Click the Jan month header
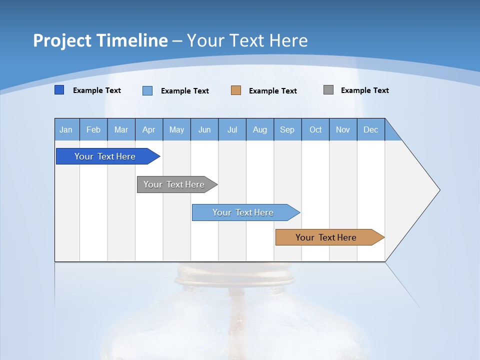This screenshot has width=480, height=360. pyautogui.click(x=66, y=129)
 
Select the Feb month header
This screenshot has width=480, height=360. pyautogui.click(x=93, y=129)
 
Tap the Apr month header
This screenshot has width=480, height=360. pyautogui.click(x=148, y=129)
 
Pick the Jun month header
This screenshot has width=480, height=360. pyautogui.click(x=204, y=129)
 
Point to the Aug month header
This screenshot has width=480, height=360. pyautogui.click(x=260, y=129)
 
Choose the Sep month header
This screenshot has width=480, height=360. pyautogui.click(x=287, y=129)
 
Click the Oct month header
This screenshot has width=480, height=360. pyautogui.click(x=315, y=129)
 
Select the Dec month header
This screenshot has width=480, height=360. pyautogui.click(x=371, y=129)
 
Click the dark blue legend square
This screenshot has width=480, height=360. pyautogui.click(x=59, y=90)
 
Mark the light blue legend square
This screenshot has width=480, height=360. pyautogui.click(x=147, y=90)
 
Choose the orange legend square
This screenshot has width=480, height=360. pyautogui.click(x=236, y=90)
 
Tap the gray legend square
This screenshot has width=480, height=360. pyautogui.click(x=328, y=90)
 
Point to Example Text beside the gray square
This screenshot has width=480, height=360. pyautogui.click(x=364, y=90)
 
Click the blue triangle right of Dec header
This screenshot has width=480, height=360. pyautogui.click(x=391, y=133)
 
